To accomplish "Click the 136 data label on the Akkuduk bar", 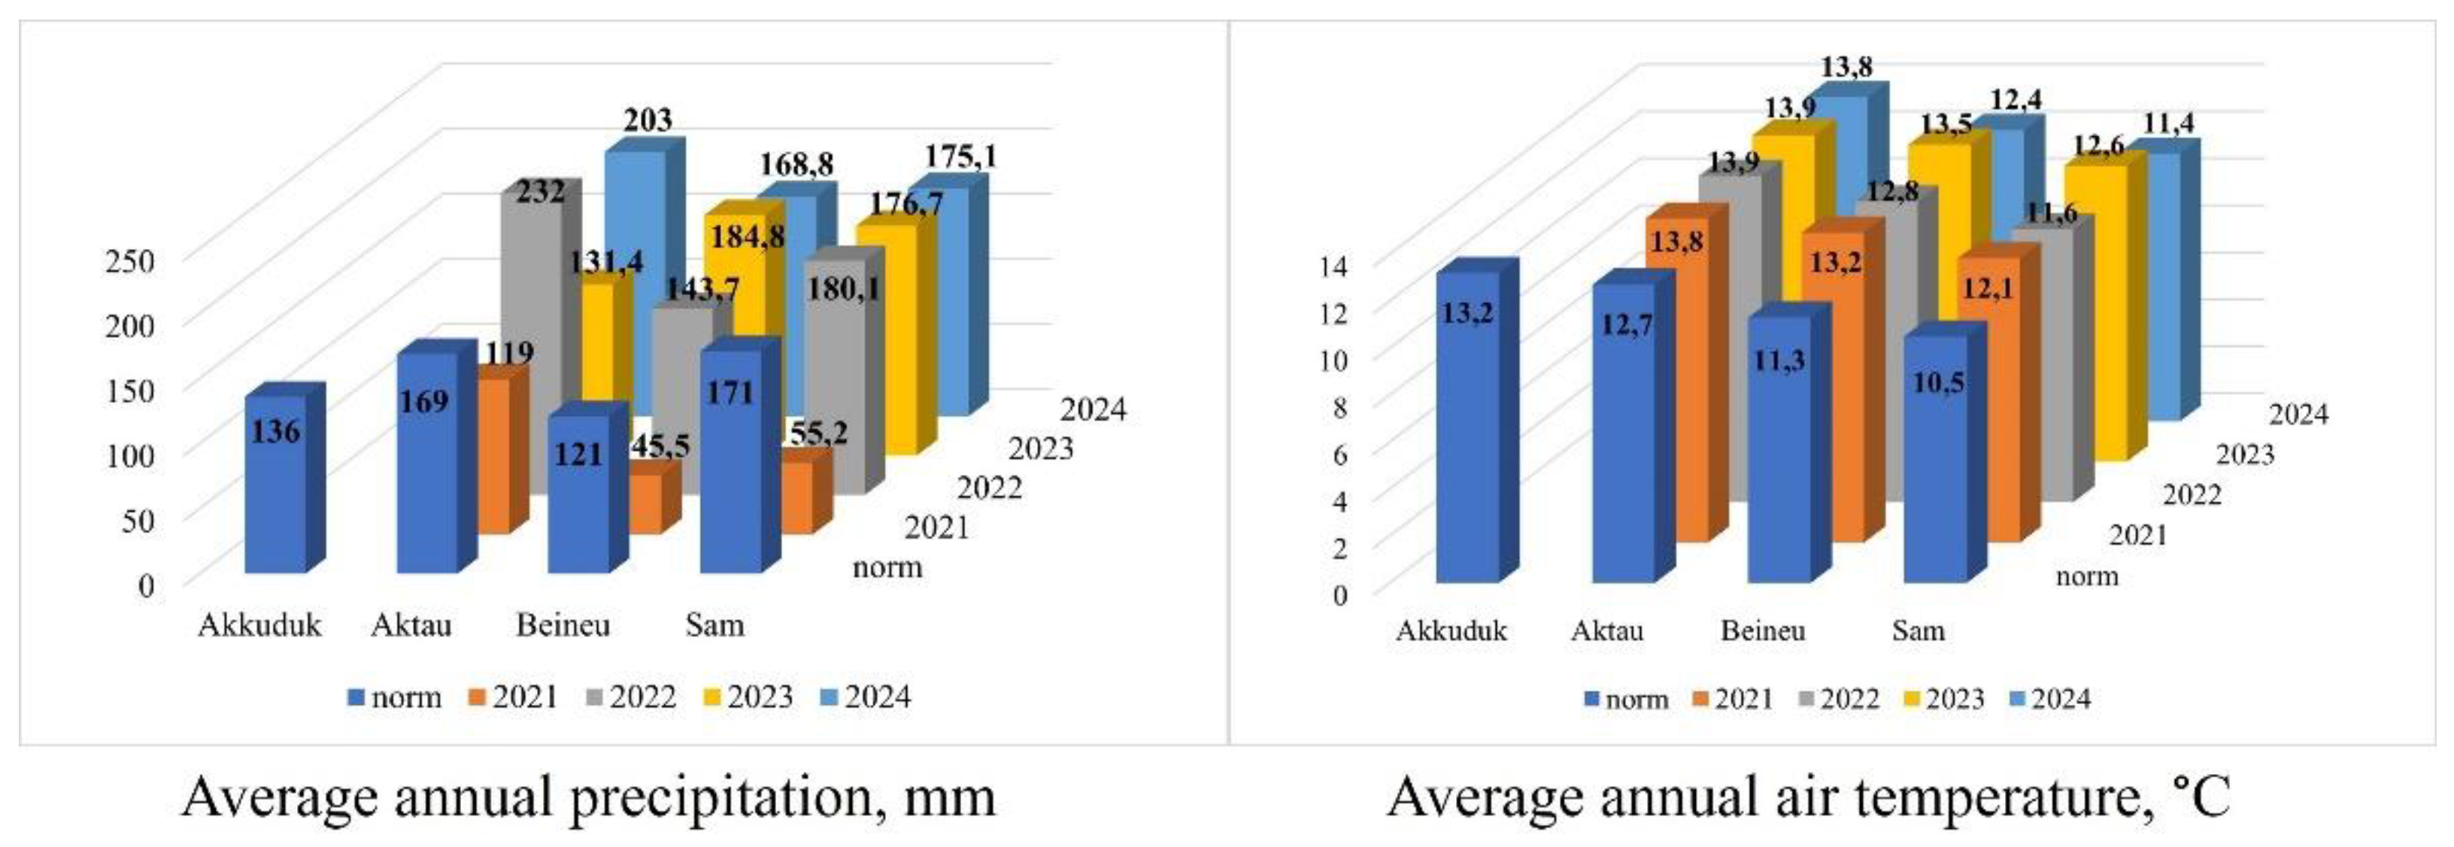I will pyautogui.click(x=275, y=433).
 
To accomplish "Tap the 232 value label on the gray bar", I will pyautogui.click(x=540, y=193).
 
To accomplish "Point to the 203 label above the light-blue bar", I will pyautogui.click(x=648, y=121).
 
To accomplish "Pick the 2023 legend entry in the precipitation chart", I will pyautogui.click(x=748, y=697).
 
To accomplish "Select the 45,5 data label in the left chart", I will pyautogui.click(x=658, y=446).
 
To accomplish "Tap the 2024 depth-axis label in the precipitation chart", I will pyautogui.click(x=1094, y=410).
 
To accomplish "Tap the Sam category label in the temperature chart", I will pyautogui.click(x=1918, y=630).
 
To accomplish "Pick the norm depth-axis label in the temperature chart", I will pyautogui.click(x=2087, y=576).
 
